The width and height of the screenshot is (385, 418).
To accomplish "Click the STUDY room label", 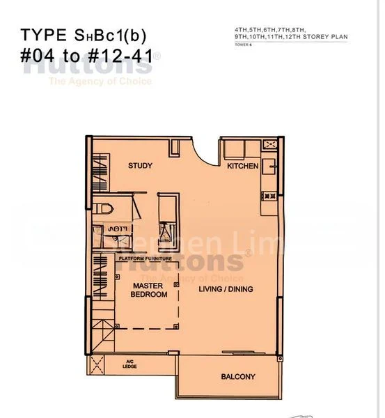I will click(x=140, y=166).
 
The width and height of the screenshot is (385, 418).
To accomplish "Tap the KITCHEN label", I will click(x=242, y=166).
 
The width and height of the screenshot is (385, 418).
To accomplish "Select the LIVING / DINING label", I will click(x=226, y=289).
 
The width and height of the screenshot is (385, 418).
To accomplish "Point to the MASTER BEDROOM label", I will click(x=149, y=290).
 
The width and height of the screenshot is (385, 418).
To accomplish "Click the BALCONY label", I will click(x=238, y=377).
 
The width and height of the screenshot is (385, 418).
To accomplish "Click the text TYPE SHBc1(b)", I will click(x=84, y=35).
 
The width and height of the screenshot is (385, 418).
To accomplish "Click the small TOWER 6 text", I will click(x=243, y=45).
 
